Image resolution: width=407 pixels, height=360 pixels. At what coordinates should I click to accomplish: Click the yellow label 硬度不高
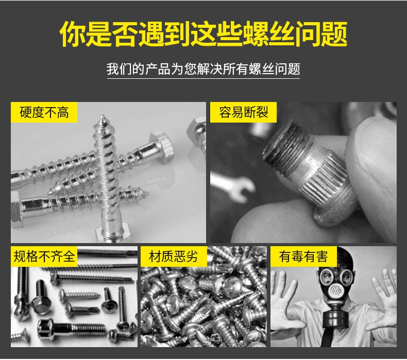(x=44, y=112)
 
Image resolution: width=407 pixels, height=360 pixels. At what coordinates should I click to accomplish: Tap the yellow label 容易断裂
(x=243, y=112)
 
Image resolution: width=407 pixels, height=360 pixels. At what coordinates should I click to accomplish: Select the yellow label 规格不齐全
(x=44, y=256)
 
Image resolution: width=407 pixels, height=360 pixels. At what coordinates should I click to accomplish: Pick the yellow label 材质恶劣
(x=174, y=256)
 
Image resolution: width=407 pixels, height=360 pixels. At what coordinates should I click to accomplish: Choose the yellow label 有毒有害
(x=303, y=256)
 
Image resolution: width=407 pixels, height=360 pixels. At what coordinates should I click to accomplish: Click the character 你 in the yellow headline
(x=73, y=34)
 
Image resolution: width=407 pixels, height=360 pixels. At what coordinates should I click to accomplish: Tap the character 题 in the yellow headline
(x=334, y=34)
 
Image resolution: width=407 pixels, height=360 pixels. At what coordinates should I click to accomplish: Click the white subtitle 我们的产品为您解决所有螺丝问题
(x=203, y=69)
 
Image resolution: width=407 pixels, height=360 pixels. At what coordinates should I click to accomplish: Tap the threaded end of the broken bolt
(x=285, y=145)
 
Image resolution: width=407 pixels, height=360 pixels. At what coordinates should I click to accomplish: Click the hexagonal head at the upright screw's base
(x=111, y=234)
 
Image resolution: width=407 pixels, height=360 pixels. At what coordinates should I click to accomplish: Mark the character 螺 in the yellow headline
(x=256, y=34)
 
